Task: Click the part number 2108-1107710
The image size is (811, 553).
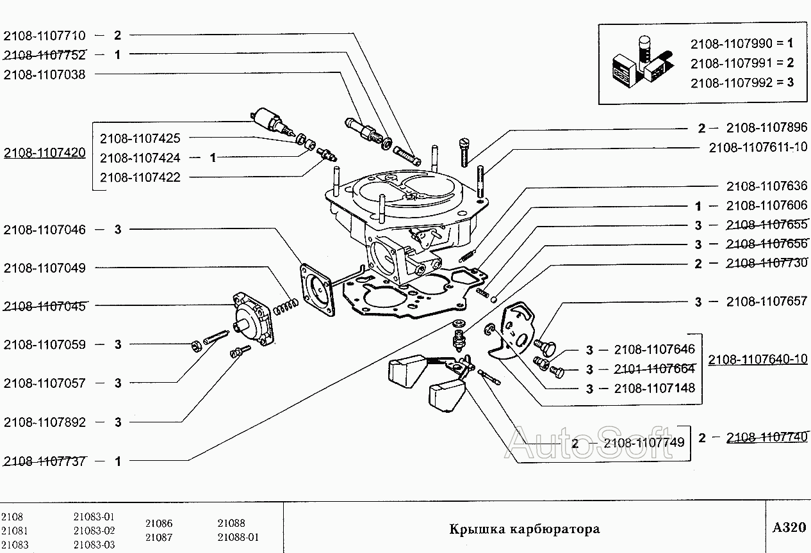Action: [44, 36]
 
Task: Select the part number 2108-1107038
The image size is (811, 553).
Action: [44, 74]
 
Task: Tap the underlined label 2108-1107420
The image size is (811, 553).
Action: [44, 153]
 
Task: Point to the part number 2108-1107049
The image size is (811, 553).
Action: [44, 268]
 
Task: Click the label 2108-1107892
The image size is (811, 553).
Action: [44, 422]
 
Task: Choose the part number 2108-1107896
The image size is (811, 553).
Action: [767, 127]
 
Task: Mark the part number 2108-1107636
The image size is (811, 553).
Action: [767, 186]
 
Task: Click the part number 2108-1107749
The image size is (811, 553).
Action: [644, 442]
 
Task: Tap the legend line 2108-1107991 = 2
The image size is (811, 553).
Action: [742, 63]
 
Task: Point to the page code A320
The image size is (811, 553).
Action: [789, 528]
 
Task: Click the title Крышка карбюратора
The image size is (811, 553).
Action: [524, 529]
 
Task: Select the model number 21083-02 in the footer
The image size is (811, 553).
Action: [94, 531]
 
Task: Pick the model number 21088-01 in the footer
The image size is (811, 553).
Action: [238, 537]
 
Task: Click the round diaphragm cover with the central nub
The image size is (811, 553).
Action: [252, 319]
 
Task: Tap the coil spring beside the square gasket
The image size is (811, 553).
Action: [285, 306]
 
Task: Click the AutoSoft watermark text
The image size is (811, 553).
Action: [589, 442]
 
